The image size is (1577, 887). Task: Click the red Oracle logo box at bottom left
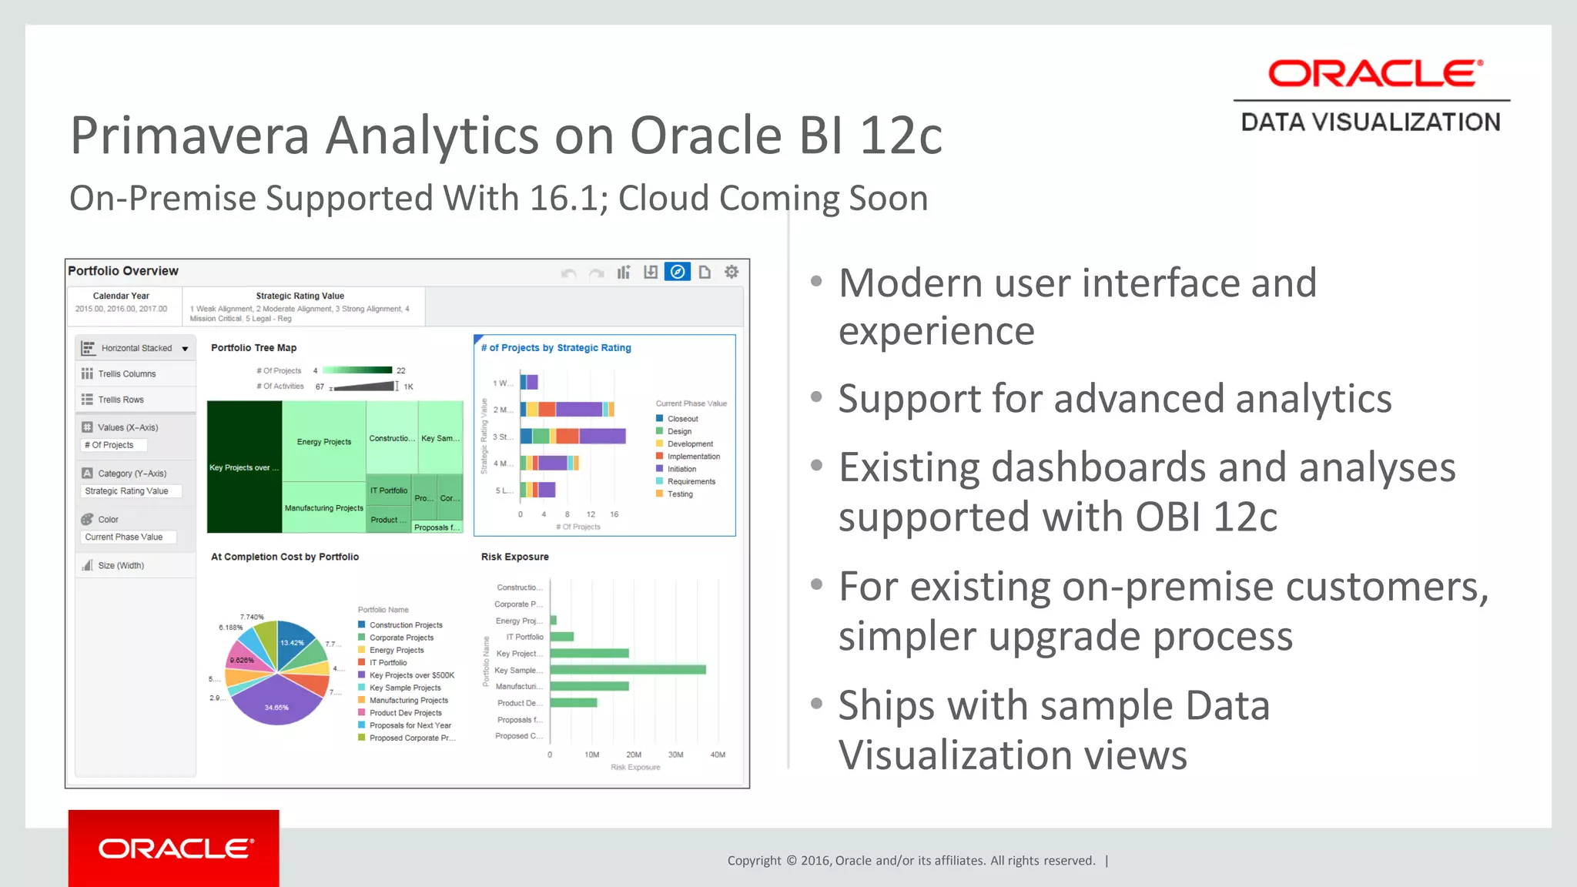[x=173, y=848]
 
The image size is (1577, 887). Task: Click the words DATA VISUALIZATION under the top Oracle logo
[x=1371, y=122]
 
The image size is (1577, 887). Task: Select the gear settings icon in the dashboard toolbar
[x=732, y=272]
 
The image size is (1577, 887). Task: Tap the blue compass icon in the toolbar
[x=678, y=272]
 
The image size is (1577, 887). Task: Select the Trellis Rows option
[x=121, y=400]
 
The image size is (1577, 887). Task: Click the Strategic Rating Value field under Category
[x=127, y=491]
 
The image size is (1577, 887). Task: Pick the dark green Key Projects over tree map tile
[x=244, y=467]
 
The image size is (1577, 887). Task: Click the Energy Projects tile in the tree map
[x=323, y=441]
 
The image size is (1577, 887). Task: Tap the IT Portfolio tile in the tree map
[x=389, y=490]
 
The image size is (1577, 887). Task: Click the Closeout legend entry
[x=682, y=419]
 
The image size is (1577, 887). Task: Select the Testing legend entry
[x=679, y=494]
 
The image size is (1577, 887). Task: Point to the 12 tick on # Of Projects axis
[x=591, y=514]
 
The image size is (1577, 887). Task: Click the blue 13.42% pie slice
[x=293, y=642]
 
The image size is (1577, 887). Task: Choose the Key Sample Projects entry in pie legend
[x=405, y=688]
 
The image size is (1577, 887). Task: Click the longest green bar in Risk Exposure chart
[x=628, y=670]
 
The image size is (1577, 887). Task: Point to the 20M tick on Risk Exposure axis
[x=634, y=755]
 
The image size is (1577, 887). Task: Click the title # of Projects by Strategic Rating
[x=556, y=348]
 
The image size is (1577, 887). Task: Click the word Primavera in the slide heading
[x=189, y=136]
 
